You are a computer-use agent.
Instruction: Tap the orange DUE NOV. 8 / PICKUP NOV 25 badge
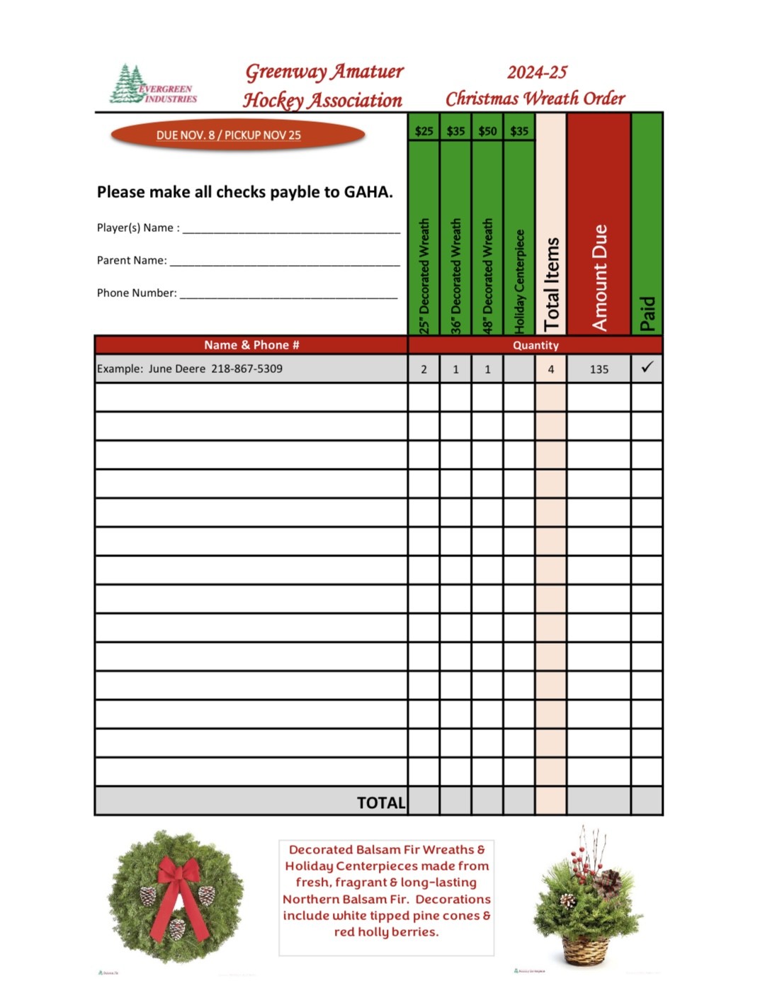237,135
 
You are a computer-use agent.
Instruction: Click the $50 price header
487,131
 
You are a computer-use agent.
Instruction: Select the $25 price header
424,131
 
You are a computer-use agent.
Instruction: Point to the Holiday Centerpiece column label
519,280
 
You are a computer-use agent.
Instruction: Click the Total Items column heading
551,284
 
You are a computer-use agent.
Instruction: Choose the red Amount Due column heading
599,276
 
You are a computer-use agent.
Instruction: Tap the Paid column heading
647,313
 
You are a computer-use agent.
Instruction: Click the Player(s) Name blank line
291,229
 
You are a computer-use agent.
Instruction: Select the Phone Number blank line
288,294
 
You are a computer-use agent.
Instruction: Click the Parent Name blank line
285,262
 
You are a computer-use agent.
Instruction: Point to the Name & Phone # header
251,345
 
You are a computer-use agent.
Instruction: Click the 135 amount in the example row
599,369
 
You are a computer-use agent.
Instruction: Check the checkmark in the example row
647,367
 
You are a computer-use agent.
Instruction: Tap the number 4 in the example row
551,369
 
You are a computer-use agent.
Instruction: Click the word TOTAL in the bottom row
381,802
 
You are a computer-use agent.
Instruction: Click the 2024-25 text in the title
537,72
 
